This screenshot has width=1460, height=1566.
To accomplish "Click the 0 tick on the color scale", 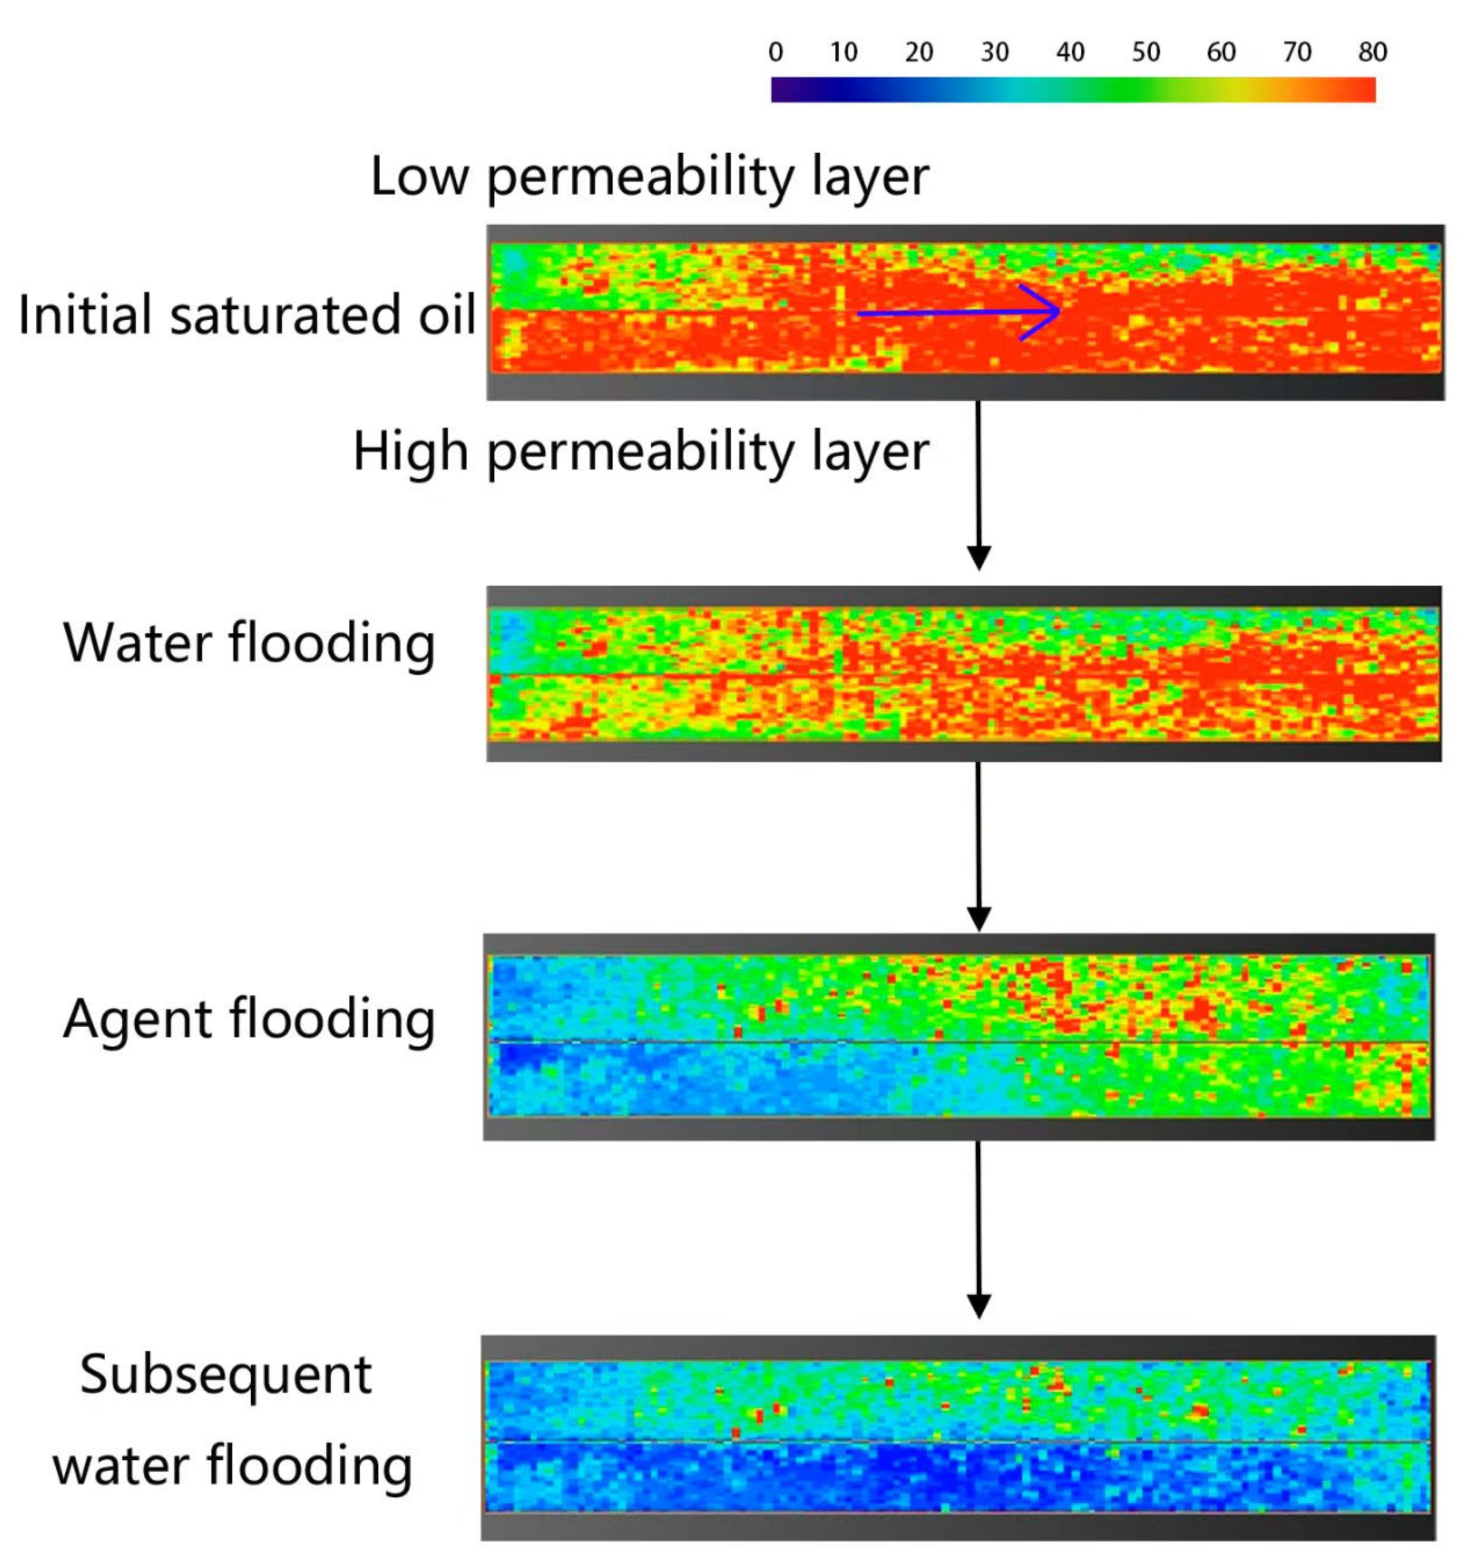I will coord(776,53).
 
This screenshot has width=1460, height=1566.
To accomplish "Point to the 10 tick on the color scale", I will coord(844,53).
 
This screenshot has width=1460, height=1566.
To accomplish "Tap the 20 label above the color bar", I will coord(919,53).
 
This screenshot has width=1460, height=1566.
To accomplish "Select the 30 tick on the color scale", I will coord(995,53).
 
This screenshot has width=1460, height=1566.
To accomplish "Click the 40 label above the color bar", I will coord(1070,53).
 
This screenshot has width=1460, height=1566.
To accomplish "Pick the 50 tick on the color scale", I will coord(1146,53).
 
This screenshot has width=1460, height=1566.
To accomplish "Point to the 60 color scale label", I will coord(1221,53).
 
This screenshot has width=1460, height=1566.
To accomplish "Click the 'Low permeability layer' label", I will coord(650,177).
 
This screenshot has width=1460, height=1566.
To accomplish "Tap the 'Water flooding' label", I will coord(249,644).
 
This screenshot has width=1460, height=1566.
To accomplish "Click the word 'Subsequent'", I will coord(226,1375).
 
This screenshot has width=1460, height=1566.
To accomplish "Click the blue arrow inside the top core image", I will coord(959,313).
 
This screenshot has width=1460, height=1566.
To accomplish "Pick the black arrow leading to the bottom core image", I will coord(978,1229).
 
